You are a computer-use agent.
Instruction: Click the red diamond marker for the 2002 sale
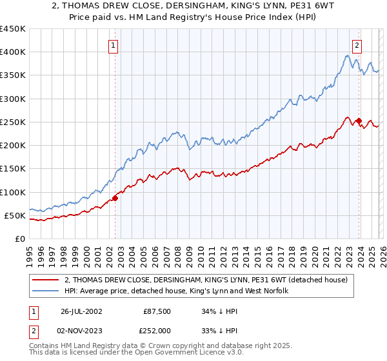coord(115,198)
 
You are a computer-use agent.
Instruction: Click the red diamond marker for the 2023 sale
coord(359,121)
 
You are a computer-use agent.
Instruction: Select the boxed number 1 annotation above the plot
coord(114,46)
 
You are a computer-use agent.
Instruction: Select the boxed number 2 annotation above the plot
coord(357,46)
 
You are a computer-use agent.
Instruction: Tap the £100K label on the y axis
coord(14,192)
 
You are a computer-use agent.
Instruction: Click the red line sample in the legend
coord(46,280)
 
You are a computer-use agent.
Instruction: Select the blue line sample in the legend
coord(46,291)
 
